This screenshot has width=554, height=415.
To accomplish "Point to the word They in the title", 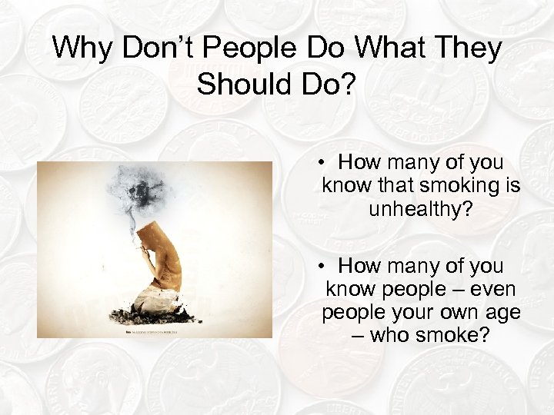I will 466,49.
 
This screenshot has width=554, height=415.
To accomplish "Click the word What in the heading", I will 379,49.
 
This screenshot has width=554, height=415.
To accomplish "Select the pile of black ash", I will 154,314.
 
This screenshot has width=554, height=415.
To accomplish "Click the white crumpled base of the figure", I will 158,296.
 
